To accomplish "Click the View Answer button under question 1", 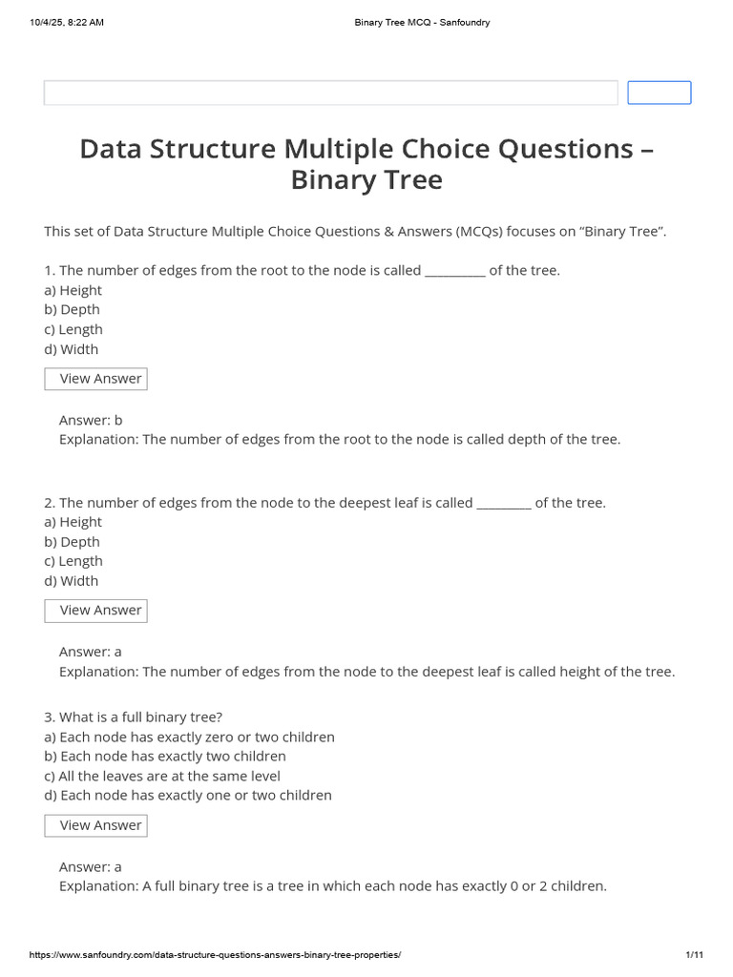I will tap(96, 379).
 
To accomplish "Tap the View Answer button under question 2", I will tap(96, 611).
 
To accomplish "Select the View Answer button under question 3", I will tap(96, 825).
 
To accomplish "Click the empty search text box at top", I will tap(330, 93).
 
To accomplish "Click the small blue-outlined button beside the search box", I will tap(659, 93).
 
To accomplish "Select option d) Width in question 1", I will tap(72, 349).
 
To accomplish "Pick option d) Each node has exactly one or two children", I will tap(188, 796).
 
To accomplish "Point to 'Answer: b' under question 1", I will tap(91, 420).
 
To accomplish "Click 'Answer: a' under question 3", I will tap(91, 867).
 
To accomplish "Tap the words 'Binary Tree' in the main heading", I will tap(366, 179).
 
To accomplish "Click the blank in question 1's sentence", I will tap(454, 271).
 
